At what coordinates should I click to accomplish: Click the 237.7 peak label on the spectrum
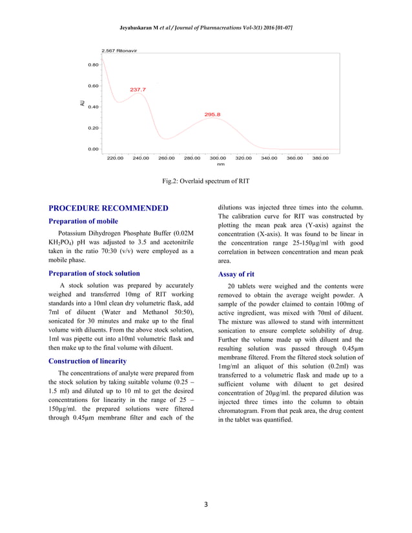click(x=138, y=90)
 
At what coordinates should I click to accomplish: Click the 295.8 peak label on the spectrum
click(x=212, y=114)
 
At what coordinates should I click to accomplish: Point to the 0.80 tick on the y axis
click(x=93, y=65)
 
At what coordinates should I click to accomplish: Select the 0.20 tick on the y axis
click(x=93, y=128)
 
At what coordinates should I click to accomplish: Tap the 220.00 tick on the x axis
click(x=115, y=157)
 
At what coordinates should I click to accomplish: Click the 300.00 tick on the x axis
click(x=218, y=157)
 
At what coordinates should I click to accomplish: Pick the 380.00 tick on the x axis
click(x=320, y=157)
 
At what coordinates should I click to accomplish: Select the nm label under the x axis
click(x=220, y=164)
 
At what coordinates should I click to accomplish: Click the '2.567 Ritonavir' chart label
click(x=119, y=50)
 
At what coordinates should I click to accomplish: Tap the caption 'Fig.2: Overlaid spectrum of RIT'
click(x=205, y=181)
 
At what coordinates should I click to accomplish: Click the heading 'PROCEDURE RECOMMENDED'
click(x=108, y=208)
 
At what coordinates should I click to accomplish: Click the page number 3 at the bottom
click(x=205, y=504)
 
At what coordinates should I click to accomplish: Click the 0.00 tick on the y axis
click(x=93, y=149)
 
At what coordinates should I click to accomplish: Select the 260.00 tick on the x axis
click(x=167, y=157)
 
